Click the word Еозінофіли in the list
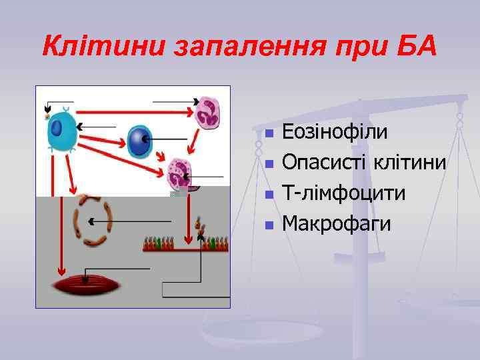pos(335,131)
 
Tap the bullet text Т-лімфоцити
pos(343,193)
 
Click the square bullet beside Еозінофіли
pos(269,133)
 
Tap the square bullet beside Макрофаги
pos(269,225)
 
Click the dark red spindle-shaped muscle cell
pos(87,286)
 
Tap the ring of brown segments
pos(92,221)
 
